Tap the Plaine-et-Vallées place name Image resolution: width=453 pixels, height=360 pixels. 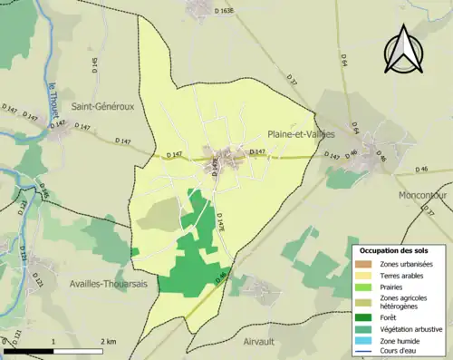301,134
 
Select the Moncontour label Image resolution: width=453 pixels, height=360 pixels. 422,195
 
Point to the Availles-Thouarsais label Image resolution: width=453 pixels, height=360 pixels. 109,284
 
